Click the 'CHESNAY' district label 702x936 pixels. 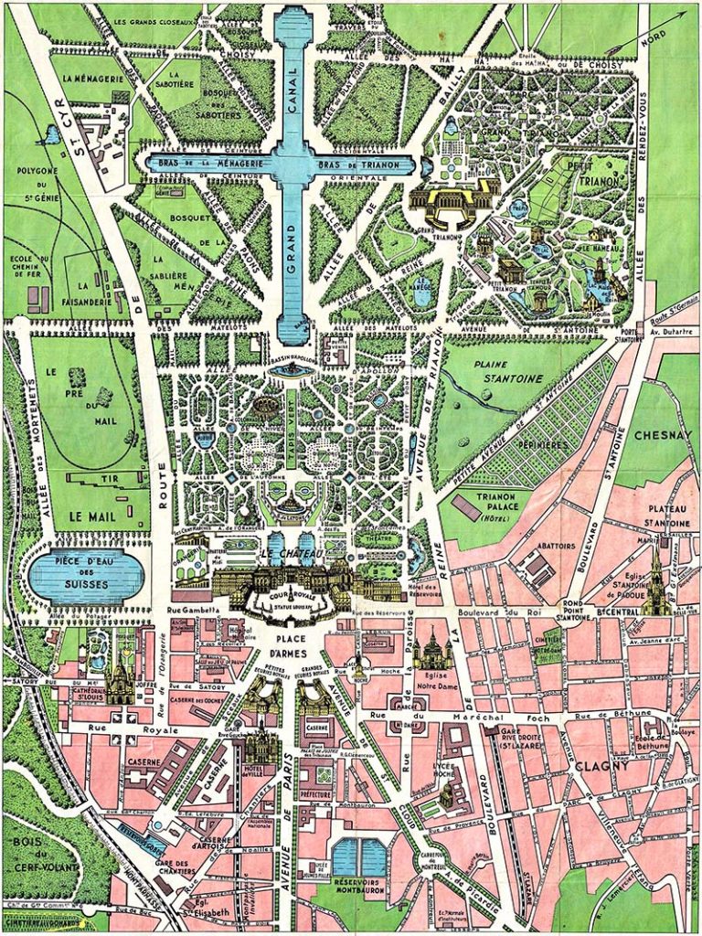(655, 436)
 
